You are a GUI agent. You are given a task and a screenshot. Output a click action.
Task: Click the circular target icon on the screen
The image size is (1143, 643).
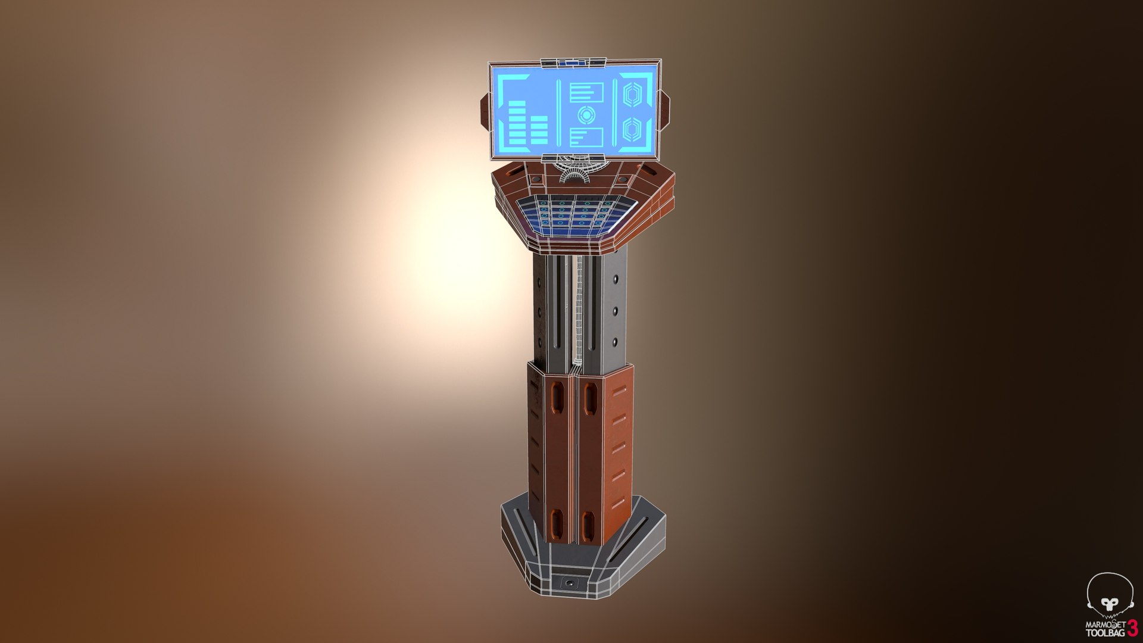(586, 114)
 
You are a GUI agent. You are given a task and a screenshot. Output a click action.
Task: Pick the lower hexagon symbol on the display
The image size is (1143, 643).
(632, 129)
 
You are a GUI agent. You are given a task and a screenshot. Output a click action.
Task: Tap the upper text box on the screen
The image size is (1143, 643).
(586, 92)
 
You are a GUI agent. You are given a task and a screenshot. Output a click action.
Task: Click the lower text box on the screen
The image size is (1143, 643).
(586, 136)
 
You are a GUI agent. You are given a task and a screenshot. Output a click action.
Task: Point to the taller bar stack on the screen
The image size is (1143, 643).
(517, 123)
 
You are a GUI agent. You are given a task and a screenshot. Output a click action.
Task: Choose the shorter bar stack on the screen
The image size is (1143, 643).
(539, 130)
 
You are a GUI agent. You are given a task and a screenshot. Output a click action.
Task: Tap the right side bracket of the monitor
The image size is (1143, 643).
(665, 110)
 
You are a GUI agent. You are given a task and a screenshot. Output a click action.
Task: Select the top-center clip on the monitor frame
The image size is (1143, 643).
(573, 62)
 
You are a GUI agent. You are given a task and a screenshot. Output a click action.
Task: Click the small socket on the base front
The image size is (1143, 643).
(570, 583)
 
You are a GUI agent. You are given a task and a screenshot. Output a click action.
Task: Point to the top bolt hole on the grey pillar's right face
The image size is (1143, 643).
(615, 278)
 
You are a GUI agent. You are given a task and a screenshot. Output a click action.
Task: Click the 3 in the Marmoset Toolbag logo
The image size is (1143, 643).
(1131, 628)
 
